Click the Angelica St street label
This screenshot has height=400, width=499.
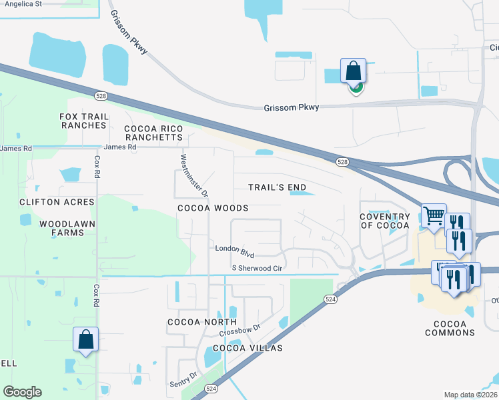(x=23, y=3)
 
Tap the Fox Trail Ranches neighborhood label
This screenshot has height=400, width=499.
(x=83, y=121)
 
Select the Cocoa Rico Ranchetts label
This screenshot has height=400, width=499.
(x=153, y=133)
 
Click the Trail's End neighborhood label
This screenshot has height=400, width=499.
(x=278, y=187)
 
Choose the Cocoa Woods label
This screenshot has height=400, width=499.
(x=213, y=208)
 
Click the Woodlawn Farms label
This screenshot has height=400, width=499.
(x=67, y=228)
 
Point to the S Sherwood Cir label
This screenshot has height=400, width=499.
(x=258, y=268)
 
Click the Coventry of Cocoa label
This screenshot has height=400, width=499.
(x=384, y=221)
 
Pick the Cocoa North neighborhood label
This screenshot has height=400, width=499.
(x=193, y=322)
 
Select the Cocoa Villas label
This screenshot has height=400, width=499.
(x=247, y=348)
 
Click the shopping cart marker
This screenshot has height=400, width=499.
(x=434, y=215)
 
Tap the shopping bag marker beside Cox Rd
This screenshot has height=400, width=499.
(x=86, y=339)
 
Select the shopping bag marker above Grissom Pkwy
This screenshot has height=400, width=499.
(x=353, y=71)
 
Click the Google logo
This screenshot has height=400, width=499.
(x=23, y=392)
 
